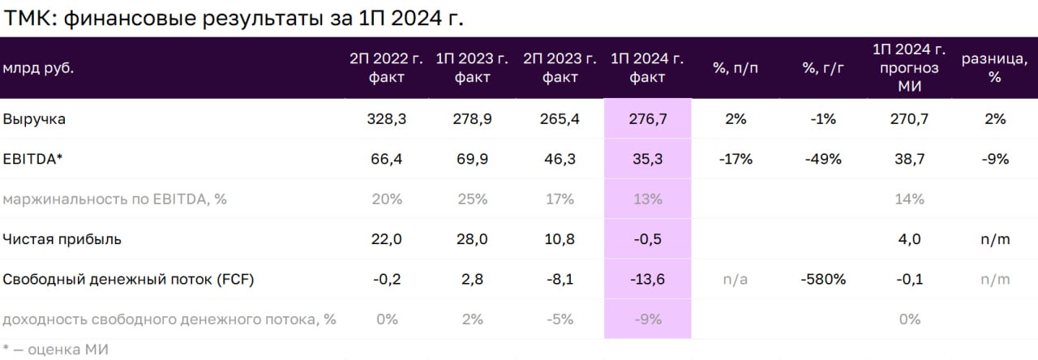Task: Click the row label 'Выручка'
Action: pos(34,119)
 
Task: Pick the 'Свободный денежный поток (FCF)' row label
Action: pos(128,280)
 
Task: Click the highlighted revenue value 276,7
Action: pos(647,119)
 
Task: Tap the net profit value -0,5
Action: pos(647,239)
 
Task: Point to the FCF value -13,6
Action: pos(647,280)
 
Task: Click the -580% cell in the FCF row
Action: pos(823,280)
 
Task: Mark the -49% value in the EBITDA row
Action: pos(823,160)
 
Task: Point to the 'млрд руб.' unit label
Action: pos(38,68)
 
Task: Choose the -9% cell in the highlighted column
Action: pos(647,319)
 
